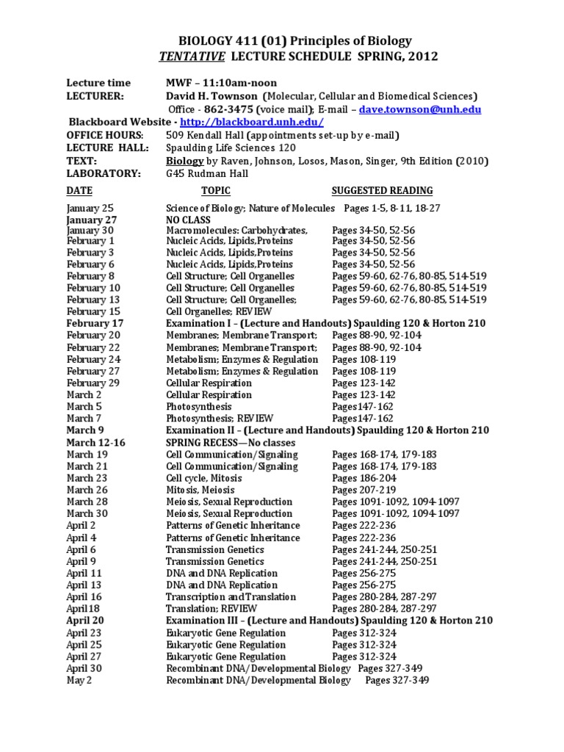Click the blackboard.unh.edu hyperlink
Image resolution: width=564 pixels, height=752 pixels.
[251, 122]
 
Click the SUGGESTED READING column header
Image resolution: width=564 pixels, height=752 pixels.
[382, 191]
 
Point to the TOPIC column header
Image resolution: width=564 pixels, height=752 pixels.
[215, 191]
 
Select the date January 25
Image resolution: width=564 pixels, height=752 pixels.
[90, 209]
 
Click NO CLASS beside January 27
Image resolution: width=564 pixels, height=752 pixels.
[188, 220]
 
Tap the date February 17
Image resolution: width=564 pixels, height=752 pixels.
[95, 323]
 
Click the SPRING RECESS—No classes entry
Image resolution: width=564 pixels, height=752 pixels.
[231, 442]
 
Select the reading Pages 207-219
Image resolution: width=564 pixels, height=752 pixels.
[364, 490]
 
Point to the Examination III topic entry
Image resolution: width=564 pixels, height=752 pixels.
[329, 621]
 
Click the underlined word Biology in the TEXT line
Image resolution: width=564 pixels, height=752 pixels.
[182, 161]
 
